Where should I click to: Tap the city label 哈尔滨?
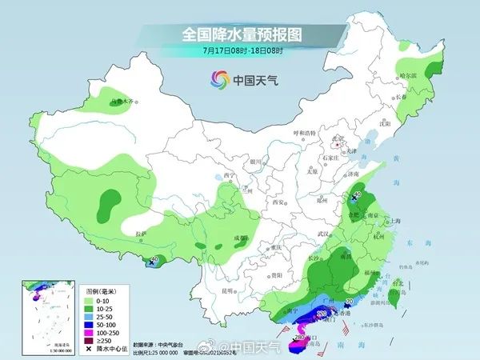pos(409,75)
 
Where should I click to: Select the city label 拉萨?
pos(142,233)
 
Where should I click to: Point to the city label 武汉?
pos(324,233)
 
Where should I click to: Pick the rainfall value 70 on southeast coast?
pos(349,302)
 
